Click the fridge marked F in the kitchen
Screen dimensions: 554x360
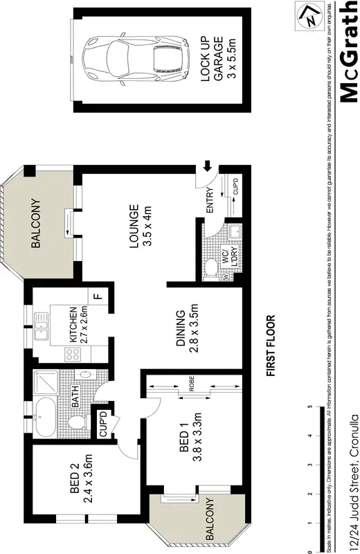tap(98, 296)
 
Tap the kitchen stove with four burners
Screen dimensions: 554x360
tap(73, 355)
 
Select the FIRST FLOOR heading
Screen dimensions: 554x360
tap(271, 346)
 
